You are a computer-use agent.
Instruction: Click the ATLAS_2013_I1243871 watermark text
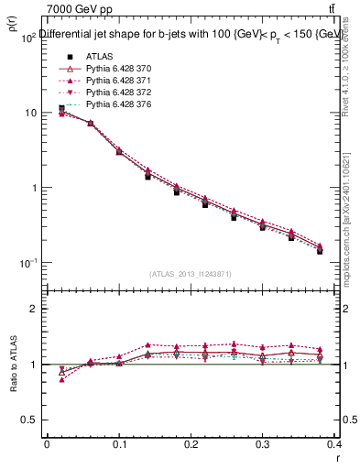(x=190, y=274)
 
